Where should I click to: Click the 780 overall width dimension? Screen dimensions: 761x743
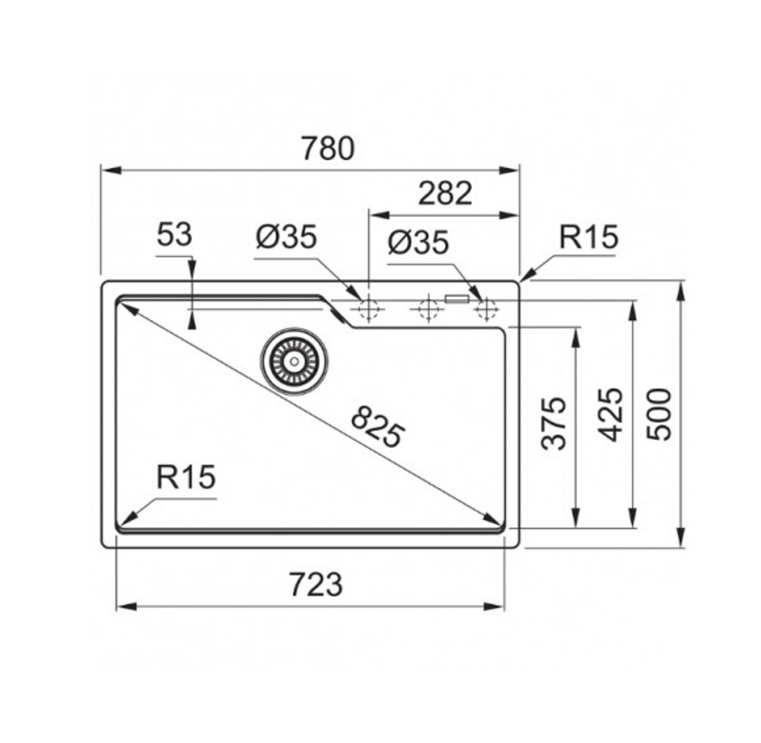pos(328,148)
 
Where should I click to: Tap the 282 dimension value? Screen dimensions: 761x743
pos(445,193)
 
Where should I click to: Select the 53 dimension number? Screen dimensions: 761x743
pos(174,235)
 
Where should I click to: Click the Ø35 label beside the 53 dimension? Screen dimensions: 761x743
pos(287,238)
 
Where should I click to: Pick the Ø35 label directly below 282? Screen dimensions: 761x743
pos(418,243)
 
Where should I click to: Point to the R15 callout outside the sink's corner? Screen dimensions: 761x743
pos(589,238)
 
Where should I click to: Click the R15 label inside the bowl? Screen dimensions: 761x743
pos(186,477)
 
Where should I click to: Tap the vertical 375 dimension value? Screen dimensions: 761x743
pos(555,424)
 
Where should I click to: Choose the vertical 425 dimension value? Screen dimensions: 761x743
pos(610,414)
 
